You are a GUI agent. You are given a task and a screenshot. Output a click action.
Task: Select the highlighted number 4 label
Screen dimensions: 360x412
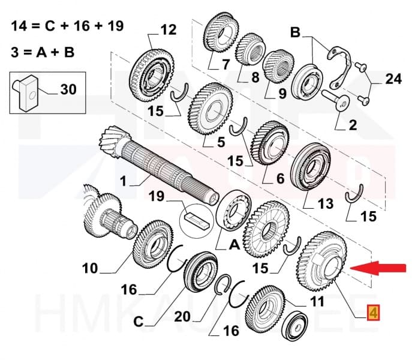pyautogui.click(x=372, y=313)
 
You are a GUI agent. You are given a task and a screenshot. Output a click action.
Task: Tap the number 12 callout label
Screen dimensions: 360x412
pyautogui.click(x=169, y=29)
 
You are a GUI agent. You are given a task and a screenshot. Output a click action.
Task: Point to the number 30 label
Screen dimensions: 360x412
pyautogui.click(x=68, y=90)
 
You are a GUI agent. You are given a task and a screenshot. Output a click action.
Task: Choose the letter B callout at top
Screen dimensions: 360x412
pyautogui.click(x=295, y=31)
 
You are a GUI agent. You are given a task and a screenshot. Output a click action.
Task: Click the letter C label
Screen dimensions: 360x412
pyautogui.click(x=139, y=322)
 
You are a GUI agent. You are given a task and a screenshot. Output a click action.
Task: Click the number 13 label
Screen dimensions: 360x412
pyautogui.click(x=324, y=205)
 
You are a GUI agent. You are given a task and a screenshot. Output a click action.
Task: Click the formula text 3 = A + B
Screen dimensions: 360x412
pyautogui.click(x=43, y=52)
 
